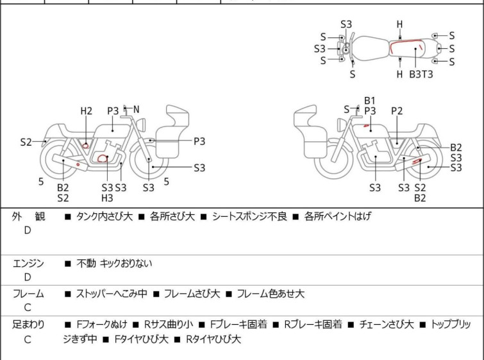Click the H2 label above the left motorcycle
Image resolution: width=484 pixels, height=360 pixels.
tap(87, 111)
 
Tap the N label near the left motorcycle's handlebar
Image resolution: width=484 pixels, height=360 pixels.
tap(136, 110)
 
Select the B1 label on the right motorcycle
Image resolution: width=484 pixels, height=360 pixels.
tap(370, 101)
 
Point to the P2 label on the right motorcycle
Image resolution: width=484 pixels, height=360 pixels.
tap(397, 111)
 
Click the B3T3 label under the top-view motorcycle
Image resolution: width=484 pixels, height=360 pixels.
tap(421, 74)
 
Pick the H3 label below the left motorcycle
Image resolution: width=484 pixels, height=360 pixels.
tap(108, 198)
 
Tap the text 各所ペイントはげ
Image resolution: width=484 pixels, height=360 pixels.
tap(337, 217)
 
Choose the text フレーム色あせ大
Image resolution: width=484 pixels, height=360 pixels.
tap(271, 294)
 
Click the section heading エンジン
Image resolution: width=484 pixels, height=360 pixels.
tap(28, 263)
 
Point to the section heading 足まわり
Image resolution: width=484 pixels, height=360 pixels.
tap(28, 325)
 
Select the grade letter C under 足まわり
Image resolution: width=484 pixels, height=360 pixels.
tap(28, 339)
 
